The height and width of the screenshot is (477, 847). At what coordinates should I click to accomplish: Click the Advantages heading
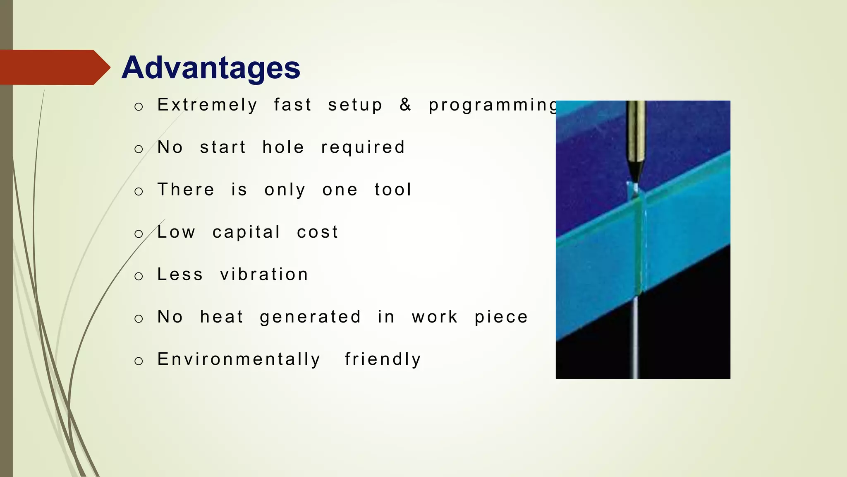point(211,67)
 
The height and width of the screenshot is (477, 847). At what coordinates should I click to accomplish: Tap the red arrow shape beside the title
point(54,67)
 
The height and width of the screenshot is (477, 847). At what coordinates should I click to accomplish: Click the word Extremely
point(207,105)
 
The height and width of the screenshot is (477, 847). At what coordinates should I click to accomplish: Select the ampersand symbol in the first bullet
point(405,105)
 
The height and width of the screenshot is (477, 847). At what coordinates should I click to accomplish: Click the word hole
point(283,147)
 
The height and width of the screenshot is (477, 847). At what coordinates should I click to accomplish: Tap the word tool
point(393,190)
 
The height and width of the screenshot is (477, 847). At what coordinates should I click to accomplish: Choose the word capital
point(246,233)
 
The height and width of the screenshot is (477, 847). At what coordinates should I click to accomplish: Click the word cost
point(318,232)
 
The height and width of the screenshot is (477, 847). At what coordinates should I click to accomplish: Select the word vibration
point(264,275)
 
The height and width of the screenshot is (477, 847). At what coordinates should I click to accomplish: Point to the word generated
point(310,318)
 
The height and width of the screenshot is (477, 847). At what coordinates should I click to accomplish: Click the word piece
point(501,318)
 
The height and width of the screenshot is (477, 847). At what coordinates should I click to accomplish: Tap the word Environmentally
point(239,359)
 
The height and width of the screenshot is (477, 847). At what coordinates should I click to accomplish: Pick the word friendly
point(383,359)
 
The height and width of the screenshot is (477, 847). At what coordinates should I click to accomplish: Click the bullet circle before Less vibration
point(139,276)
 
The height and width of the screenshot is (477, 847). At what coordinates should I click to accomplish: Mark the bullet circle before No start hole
point(139,149)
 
